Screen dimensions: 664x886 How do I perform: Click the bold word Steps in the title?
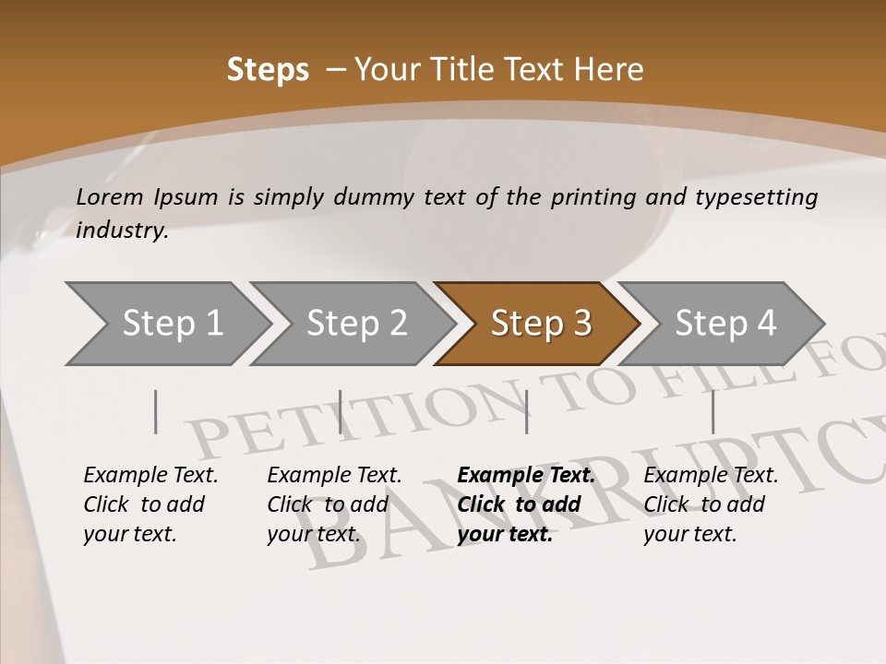click(268, 70)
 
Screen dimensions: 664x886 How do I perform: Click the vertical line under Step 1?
click(156, 411)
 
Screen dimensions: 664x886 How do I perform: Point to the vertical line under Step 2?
click(341, 411)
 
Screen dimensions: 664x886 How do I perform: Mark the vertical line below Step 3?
click(526, 411)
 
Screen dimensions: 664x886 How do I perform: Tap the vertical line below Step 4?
click(712, 411)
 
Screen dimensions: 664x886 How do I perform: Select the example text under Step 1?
click(150, 504)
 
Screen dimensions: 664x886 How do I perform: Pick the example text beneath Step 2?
click(334, 504)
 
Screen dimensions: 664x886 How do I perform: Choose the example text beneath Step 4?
click(711, 504)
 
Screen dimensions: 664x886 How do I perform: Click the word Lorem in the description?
click(110, 197)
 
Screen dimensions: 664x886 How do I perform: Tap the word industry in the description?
click(122, 231)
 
